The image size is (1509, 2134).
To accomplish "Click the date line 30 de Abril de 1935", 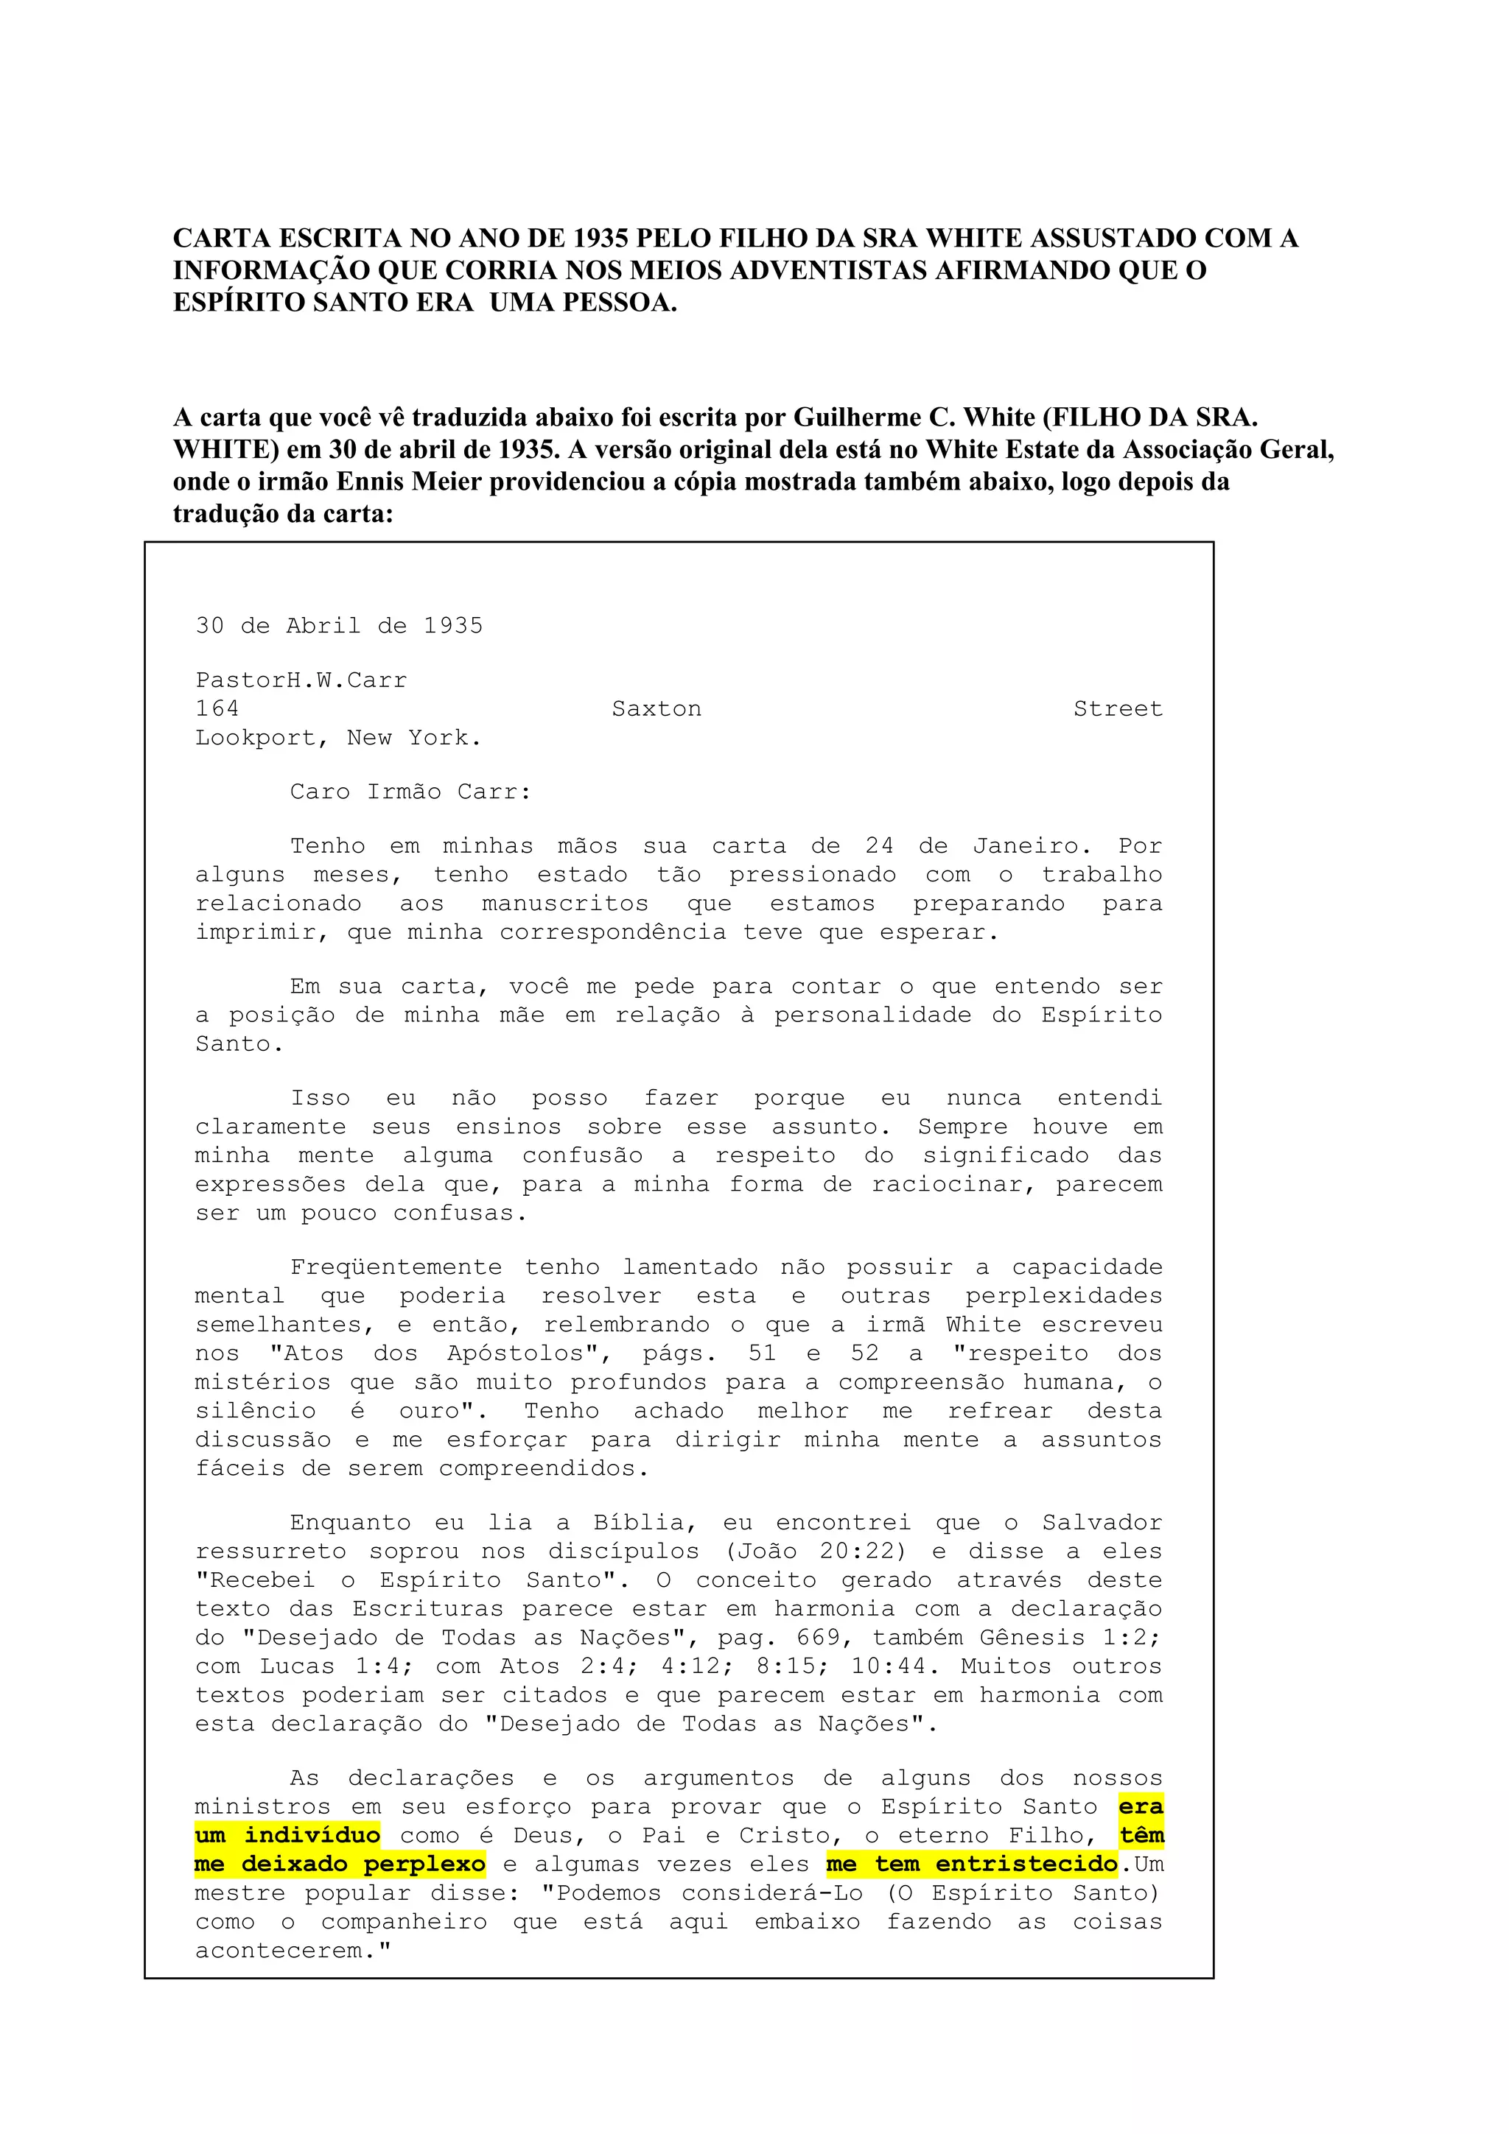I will click(x=340, y=625).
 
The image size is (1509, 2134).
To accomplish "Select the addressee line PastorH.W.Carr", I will click(x=301, y=680).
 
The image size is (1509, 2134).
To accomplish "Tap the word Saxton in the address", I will click(x=657, y=709).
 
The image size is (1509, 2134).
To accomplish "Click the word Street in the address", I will click(x=1118, y=709).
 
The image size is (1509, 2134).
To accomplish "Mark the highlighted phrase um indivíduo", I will click(x=287, y=1836).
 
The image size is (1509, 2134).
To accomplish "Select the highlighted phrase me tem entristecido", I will click(x=972, y=1864).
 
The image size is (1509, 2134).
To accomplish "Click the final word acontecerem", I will click(x=293, y=1951).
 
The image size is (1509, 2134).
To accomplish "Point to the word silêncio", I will click(x=255, y=1411).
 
